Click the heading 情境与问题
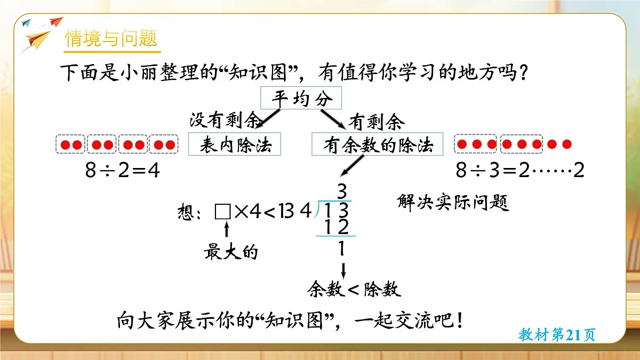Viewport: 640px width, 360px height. [x=111, y=39]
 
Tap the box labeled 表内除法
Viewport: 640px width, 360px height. [x=235, y=145]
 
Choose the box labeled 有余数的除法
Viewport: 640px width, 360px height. [x=377, y=145]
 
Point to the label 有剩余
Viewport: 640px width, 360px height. [x=376, y=123]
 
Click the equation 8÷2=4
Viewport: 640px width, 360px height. [x=122, y=171]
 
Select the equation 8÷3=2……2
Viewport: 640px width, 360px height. [x=520, y=171]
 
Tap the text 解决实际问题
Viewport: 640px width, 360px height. [x=453, y=203]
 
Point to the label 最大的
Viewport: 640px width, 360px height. [x=230, y=252]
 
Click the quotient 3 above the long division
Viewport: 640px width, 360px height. [x=342, y=190]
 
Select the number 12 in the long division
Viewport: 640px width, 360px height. [x=337, y=227]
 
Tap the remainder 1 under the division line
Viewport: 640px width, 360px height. [x=341, y=249]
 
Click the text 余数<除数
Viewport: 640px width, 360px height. [x=354, y=290]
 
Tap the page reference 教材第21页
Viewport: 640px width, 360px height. [x=556, y=335]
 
